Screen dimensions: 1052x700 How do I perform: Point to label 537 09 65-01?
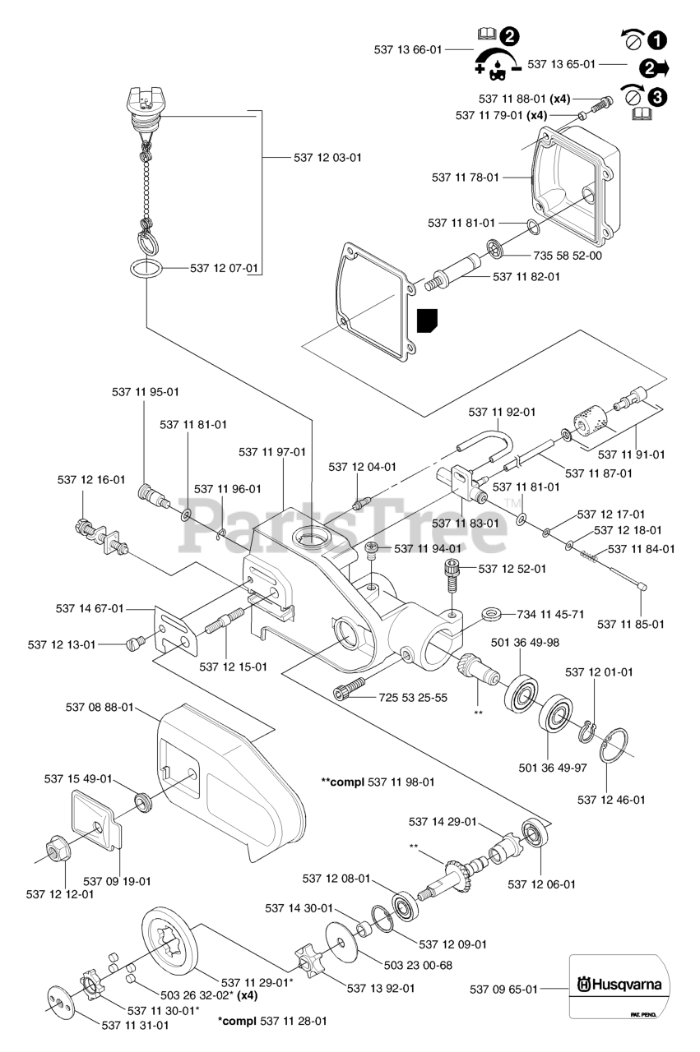(503, 990)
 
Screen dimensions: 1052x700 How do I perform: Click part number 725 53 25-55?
(413, 698)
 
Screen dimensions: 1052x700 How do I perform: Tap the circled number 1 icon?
(656, 39)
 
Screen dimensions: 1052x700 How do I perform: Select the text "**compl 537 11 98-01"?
(378, 782)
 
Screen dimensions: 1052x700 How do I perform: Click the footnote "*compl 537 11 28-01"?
(272, 1021)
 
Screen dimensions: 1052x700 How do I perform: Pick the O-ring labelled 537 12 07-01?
(145, 269)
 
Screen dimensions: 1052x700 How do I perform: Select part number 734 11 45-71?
(550, 614)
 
